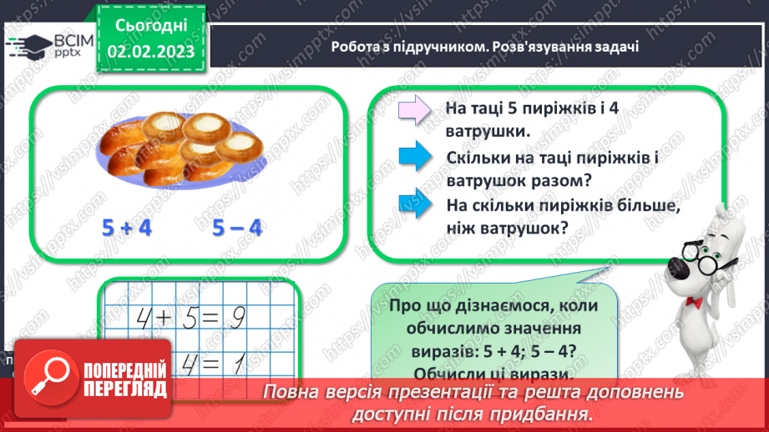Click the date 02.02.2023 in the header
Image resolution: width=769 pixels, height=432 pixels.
pos(150,51)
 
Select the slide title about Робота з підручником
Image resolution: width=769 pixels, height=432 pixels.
pos(484,47)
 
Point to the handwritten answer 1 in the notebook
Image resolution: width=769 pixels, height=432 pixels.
pos(236,361)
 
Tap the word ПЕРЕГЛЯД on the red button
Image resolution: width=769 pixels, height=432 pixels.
pos(125,389)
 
